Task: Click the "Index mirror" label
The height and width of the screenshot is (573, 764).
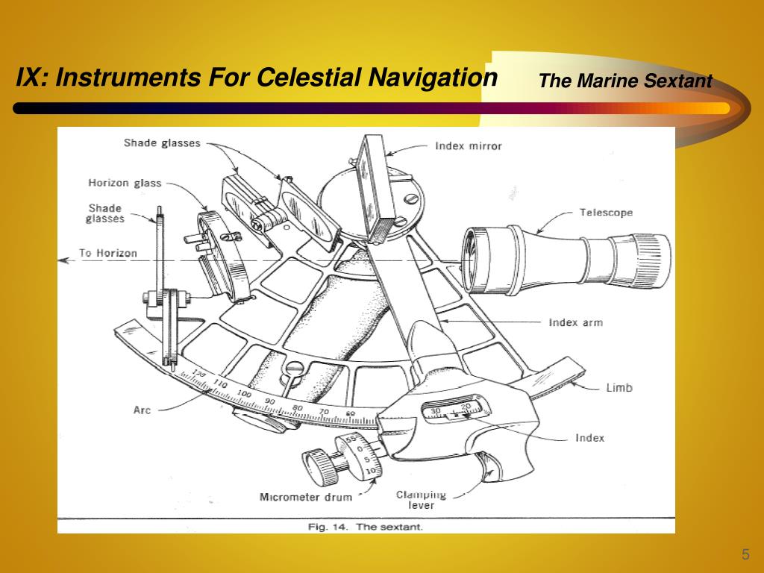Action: (x=469, y=146)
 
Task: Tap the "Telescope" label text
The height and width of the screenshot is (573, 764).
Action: (x=606, y=213)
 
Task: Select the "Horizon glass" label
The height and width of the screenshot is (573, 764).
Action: (x=125, y=183)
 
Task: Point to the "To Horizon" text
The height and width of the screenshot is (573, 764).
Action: (x=108, y=253)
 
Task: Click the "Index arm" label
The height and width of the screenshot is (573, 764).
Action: (x=575, y=323)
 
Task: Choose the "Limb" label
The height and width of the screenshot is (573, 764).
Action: (x=619, y=387)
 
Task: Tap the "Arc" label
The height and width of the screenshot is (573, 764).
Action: (x=142, y=410)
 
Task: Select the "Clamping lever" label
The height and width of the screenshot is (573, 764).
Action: (x=421, y=499)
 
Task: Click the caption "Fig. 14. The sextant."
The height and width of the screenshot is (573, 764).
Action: (x=366, y=527)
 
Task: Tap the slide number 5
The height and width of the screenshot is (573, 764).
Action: (x=745, y=554)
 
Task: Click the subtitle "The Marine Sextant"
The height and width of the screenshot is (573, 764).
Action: (x=625, y=81)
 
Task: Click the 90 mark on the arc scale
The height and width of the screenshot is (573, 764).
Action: (x=269, y=401)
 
